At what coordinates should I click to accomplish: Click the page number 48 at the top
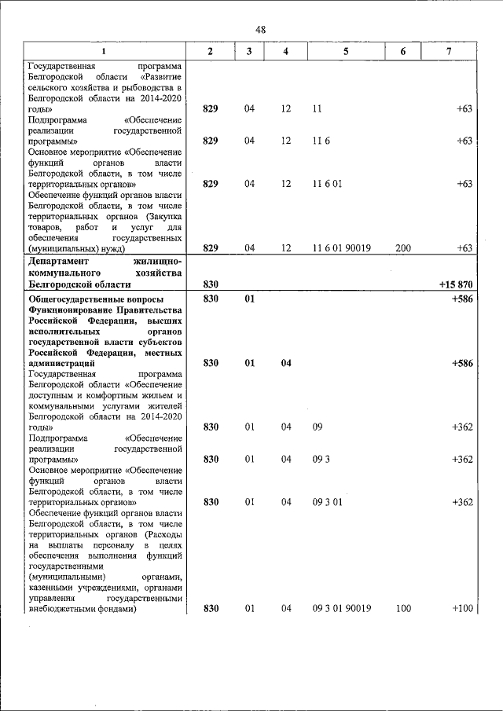pos(260,29)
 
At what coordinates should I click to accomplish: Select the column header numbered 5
pos(346,51)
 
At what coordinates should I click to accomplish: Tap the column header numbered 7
pos(449,51)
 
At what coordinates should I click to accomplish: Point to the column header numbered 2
pos(210,51)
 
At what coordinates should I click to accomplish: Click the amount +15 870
pos(453,284)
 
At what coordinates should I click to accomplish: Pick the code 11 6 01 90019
pos(346,248)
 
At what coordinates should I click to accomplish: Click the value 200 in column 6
pos(403,248)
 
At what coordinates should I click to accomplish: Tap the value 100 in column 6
pos(403,608)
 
